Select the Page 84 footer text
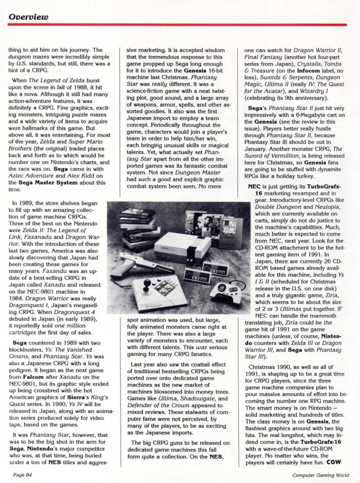(22, 474)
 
